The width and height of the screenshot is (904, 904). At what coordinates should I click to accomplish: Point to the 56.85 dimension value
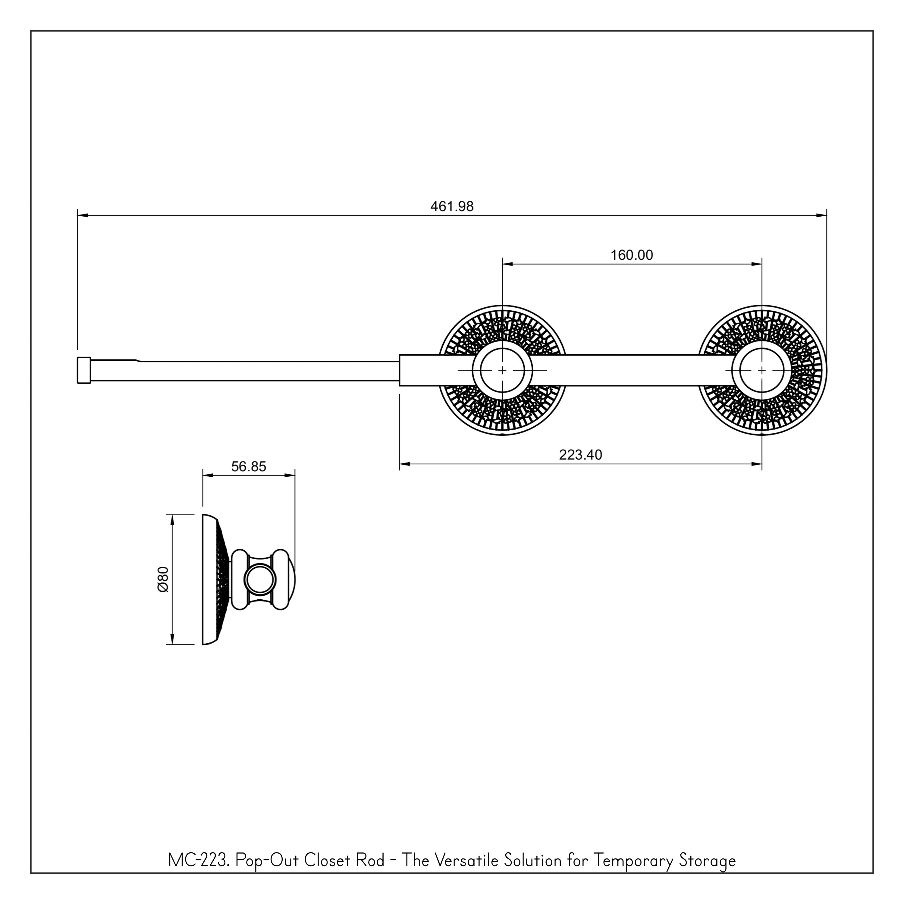tap(249, 466)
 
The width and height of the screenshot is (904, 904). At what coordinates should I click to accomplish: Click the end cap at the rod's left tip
tap(84, 370)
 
